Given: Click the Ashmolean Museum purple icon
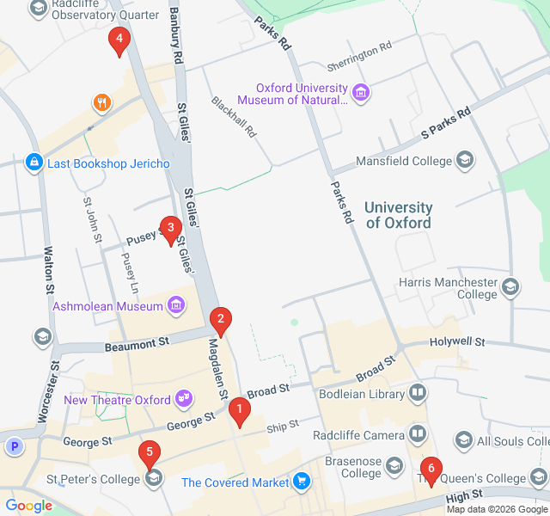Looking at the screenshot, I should pos(176,304).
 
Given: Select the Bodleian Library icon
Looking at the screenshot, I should pos(418,394).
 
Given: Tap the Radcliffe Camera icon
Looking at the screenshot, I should pos(418,433).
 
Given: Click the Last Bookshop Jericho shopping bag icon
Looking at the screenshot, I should pos(34,162).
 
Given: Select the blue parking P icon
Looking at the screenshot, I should pos(14,446).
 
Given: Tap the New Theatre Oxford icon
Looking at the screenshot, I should pos(183,398).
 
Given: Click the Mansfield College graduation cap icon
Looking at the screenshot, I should pos(465,160).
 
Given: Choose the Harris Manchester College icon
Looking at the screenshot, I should pos(510,286).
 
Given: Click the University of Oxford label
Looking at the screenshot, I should pos(399,215).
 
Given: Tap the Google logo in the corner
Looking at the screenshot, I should pos(28,506).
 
